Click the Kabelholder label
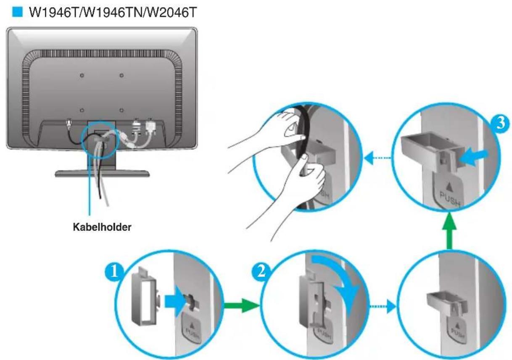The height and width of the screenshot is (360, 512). [x=102, y=227]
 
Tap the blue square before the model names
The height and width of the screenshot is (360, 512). [x=17, y=12]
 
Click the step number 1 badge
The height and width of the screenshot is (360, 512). [x=114, y=273]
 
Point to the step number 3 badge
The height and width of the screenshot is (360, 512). [x=500, y=123]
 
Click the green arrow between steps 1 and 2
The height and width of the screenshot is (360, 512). [x=242, y=305]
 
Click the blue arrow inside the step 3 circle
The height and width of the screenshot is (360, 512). [x=474, y=158]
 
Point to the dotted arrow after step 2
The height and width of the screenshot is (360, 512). [x=383, y=306]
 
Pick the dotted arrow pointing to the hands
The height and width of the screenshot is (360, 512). [x=377, y=158]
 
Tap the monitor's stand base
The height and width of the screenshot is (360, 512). [x=102, y=174]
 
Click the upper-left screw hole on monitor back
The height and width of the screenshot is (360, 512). [x=82, y=75]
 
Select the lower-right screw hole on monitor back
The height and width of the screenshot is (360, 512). [x=121, y=111]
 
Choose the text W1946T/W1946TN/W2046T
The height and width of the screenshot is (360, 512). [x=113, y=12]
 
